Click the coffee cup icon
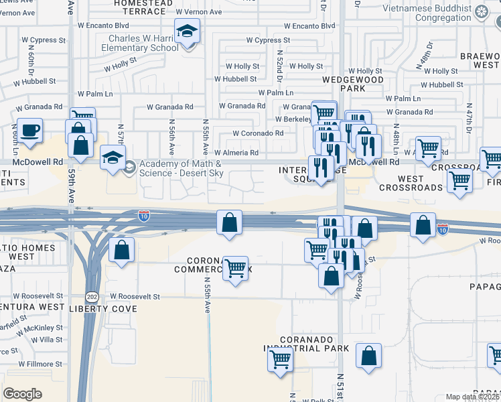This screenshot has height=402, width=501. click(x=29, y=131)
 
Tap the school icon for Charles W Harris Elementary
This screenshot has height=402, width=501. click(x=187, y=31)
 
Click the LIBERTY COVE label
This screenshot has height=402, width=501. click(x=104, y=309)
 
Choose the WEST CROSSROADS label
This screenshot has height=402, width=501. click(x=411, y=183)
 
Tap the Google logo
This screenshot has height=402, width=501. click(x=22, y=393)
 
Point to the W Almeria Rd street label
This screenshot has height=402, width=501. click(x=236, y=153)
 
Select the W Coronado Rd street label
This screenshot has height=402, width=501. click(x=258, y=133)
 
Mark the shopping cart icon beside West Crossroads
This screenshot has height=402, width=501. click(x=459, y=181)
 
